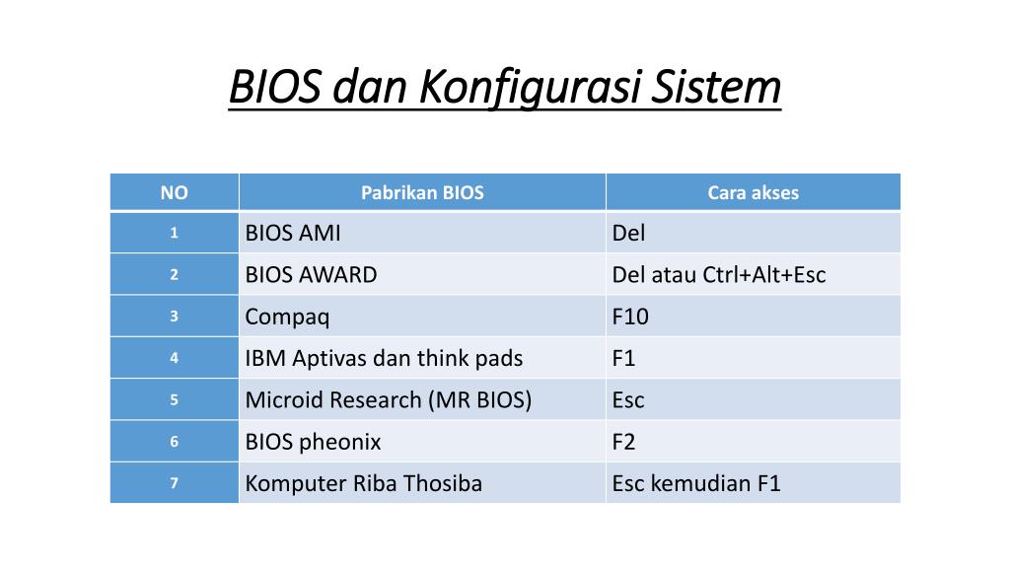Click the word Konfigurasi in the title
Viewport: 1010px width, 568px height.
pyautogui.click(x=529, y=88)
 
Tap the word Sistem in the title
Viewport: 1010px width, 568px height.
pyautogui.click(x=716, y=87)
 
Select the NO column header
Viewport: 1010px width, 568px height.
pyautogui.click(x=174, y=192)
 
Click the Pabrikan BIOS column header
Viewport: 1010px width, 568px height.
pyautogui.click(x=422, y=192)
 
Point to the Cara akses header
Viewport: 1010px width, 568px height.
pyautogui.click(x=753, y=192)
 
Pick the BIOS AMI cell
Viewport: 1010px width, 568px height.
pyautogui.click(x=422, y=233)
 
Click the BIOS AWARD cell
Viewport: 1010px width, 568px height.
pyautogui.click(x=422, y=274)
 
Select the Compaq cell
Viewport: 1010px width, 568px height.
pyautogui.click(x=422, y=317)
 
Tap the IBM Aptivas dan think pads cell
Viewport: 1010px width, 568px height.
pyautogui.click(x=422, y=358)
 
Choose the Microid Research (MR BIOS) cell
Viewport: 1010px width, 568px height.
pyautogui.click(x=422, y=400)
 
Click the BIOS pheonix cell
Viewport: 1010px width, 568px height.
pyautogui.click(x=422, y=442)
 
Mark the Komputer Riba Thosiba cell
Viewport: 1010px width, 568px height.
pyautogui.click(x=422, y=483)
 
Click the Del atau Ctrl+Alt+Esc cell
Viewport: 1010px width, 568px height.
pyautogui.click(x=753, y=274)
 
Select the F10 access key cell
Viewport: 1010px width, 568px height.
pyautogui.click(x=753, y=317)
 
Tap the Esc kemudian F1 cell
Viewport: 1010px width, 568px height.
pyautogui.click(x=753, y=483)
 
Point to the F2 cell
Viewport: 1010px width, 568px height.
pyautogui.click(x=753, y=442)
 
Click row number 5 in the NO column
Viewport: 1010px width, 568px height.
pyautogui.click(x=174, y=400)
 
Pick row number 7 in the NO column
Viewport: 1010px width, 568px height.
pyautogui.click(x=174, y=483)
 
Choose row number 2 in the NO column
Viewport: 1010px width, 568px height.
pyautogui.click(x=174, y=274)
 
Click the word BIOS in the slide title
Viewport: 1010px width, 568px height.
pyautogui.click(x=275, y=87)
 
